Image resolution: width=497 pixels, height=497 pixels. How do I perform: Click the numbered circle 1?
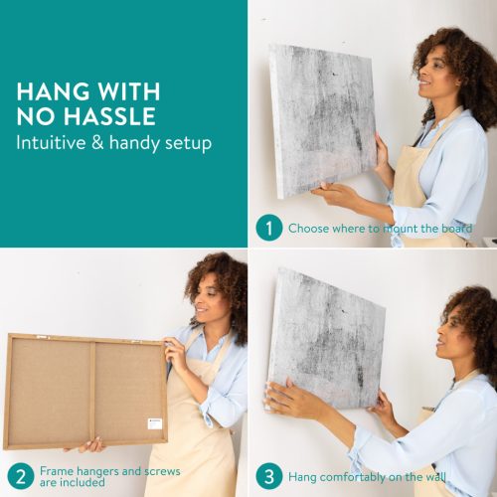tap(269, 228)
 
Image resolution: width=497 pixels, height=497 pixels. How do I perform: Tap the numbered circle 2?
tap(21, 476)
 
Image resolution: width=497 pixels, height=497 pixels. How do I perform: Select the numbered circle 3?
tap(269, 476)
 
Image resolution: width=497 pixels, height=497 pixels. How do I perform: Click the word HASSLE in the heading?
tap(109, 116)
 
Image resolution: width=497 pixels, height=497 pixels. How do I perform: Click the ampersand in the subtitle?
tap(97, 143)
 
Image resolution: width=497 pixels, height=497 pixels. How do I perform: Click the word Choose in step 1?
tap(308, 229)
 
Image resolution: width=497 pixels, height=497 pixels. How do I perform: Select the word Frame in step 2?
tap(57, 471)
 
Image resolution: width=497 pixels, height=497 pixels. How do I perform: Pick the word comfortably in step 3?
tap(353, 477)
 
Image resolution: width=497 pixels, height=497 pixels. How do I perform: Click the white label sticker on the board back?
tap(155, 423)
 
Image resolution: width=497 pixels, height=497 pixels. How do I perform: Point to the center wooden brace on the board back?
tap(93, 392)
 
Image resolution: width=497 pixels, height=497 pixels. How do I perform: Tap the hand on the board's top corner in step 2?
tap(176, 351)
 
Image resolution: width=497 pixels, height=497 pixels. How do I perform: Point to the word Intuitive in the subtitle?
tap(51, 143)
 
